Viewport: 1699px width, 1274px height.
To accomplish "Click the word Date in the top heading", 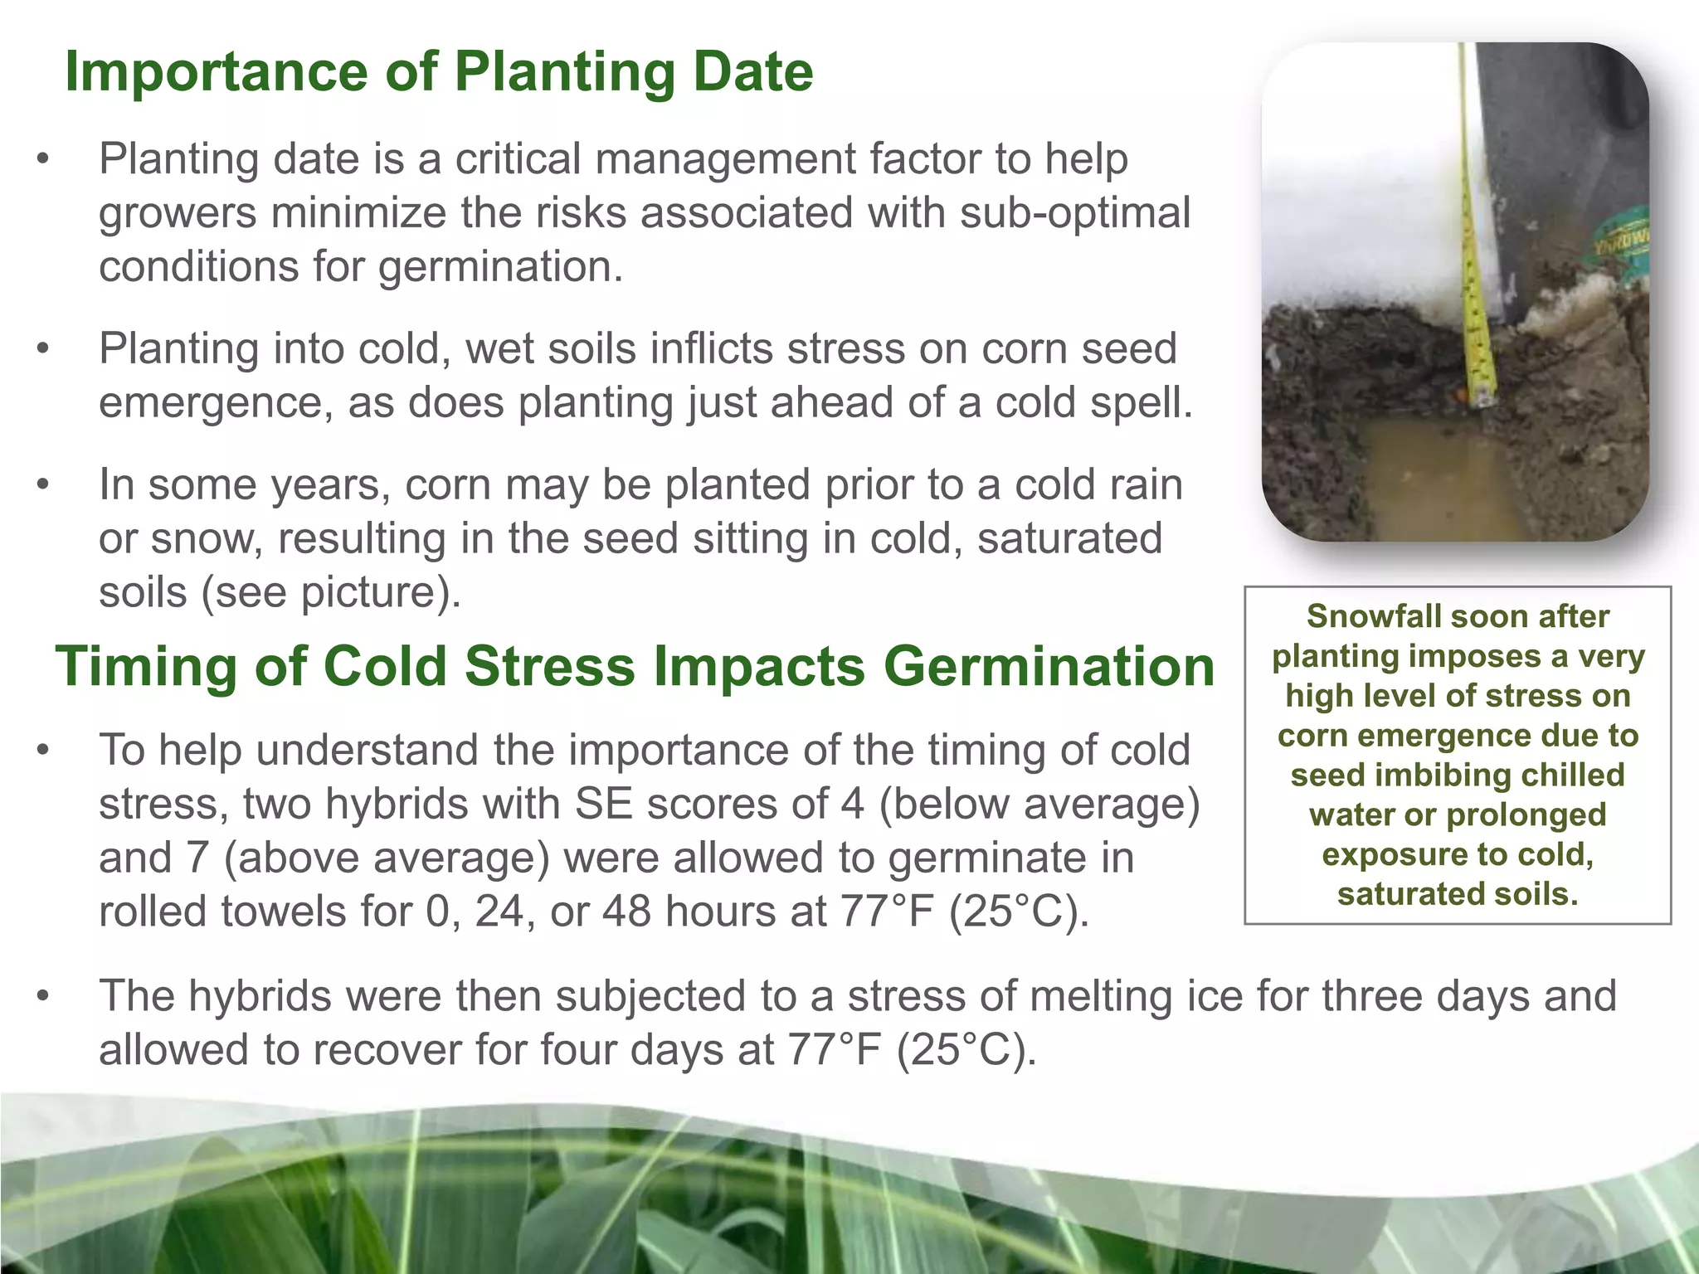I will point(752,72).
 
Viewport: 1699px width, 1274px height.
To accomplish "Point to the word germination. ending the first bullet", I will point(499,267).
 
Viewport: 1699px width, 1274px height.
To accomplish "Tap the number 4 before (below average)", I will point(851,804).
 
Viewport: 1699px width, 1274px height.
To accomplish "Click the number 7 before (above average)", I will point(197,858).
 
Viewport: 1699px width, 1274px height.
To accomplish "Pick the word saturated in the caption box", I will point(1413,894).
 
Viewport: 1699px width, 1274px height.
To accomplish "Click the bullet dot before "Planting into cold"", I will point(44,349).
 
